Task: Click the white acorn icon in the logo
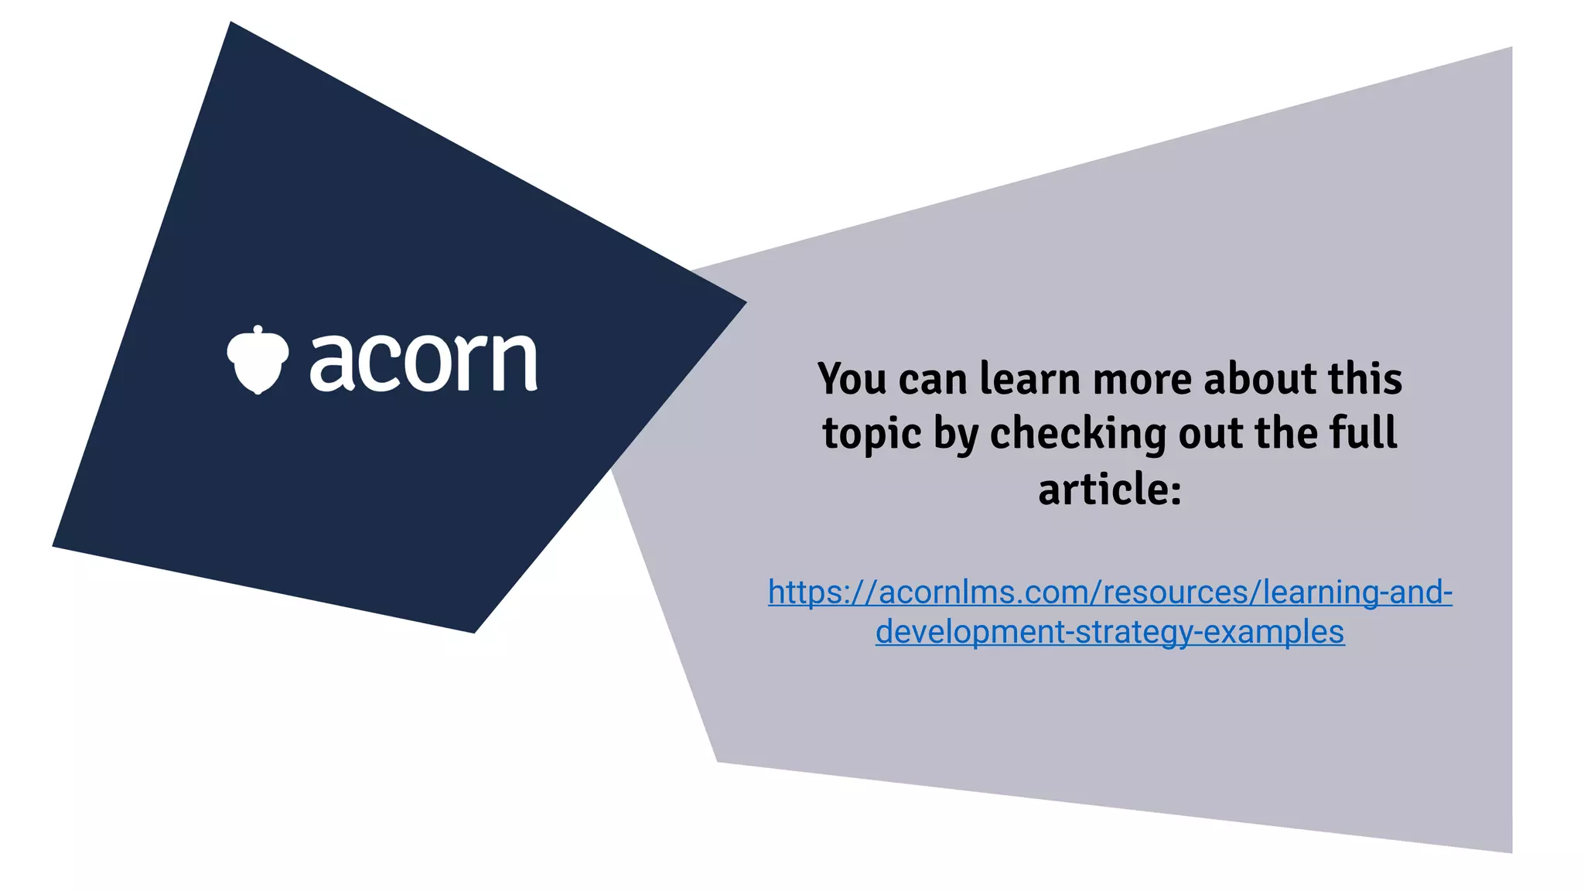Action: click(x=258, y=361)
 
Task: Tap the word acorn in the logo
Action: click(x=424, y=361)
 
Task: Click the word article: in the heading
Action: click(x=1110, y=490)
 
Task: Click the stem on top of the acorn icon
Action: click(x=258, y=330)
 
